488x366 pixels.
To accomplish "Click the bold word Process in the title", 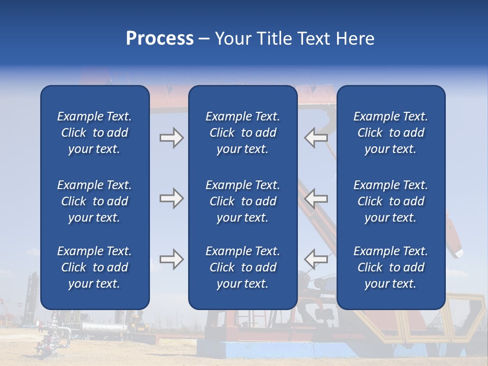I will pyautogui.click(x=160, y=39).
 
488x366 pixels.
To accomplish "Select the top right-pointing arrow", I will pyautogui.click(x=171, y=138).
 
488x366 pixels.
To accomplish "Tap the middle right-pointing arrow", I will pyautogui.click(x=171, y=198).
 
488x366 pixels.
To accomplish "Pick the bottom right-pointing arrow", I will pyautogui.click(x=171, y=259).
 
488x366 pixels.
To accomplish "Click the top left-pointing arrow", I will pyautogui.click(x=316, y=138).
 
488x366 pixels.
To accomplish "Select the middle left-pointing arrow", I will pyautogui.click(x=316, y=198).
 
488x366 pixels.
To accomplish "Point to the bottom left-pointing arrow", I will pyautogui.click(x=316, y=259).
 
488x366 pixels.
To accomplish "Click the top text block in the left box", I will pyautogui.click(x=95, y=133).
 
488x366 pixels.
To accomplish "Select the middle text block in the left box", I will pyautogui.click(x=95, y=201).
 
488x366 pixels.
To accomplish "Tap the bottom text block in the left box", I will pyautogui.click(x=95, y=267).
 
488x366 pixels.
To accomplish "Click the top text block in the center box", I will pyautogui.click(x=242, y=133).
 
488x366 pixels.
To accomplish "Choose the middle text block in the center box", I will pyautogui.click(x=242, y=201).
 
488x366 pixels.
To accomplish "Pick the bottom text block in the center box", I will pyautogui.click(x=242, y=267).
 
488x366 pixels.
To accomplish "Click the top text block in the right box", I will pyautogui.click(x=391, y=133).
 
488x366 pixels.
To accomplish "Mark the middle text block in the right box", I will pyautogui.click(x=391, y=201).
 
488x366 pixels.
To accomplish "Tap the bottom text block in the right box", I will pyautogui.click(x=391, y=267).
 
